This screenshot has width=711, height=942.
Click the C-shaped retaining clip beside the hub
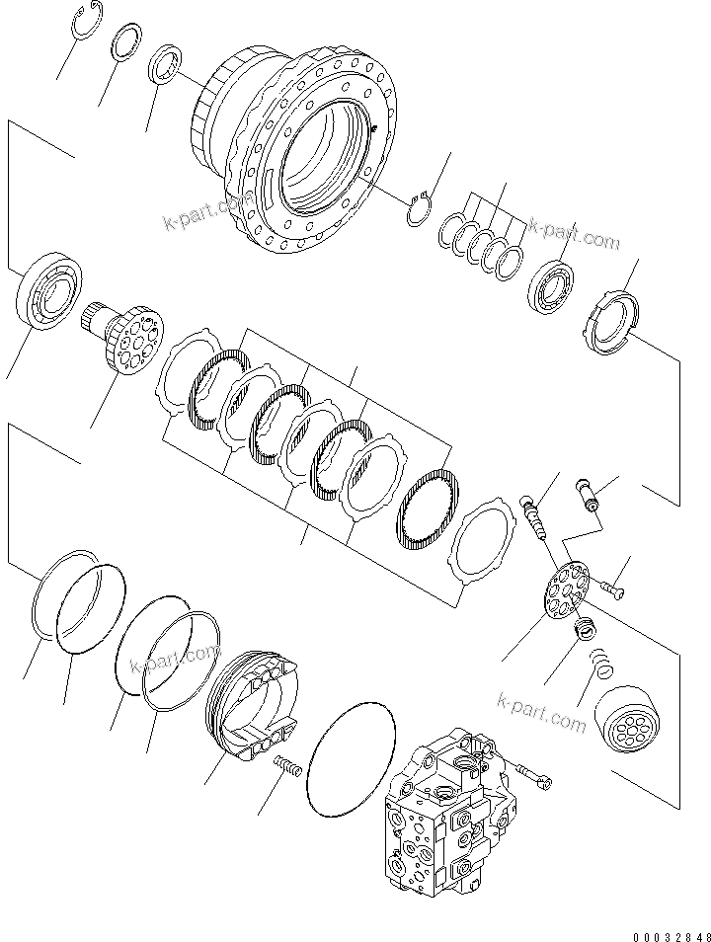(421, 208)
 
